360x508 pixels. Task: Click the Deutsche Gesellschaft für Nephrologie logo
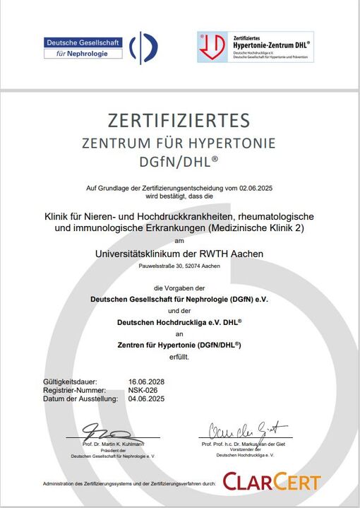click(100, 47)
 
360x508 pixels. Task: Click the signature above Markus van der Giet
click(247, 428)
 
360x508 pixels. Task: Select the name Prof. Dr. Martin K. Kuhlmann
click(113, 444)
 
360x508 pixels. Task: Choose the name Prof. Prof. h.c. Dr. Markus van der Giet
click(245, 444)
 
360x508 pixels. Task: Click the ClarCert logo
click(271, 483)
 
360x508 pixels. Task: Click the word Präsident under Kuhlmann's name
click(113, 451)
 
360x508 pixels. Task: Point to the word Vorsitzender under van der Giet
click(244, 451)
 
